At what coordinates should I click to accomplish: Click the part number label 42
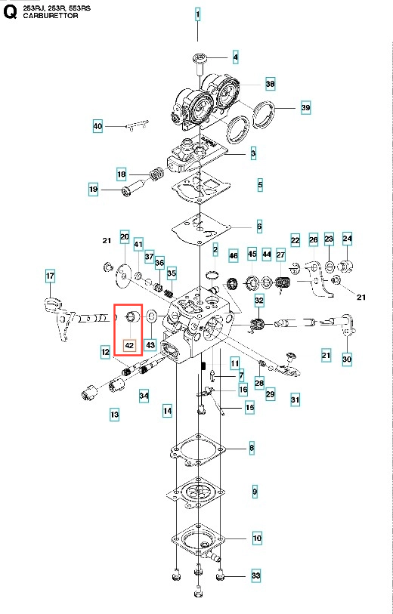(x=129, y=346)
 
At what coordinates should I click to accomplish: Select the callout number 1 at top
(x=198, y=15)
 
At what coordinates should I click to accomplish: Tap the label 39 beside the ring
(x=305, y=107)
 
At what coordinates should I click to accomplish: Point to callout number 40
(x=97, y=126)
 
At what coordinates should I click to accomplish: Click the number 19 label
(x=93, y=190)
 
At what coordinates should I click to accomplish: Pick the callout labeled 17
(x=50, y=276)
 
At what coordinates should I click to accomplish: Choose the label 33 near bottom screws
(x=256, y=575)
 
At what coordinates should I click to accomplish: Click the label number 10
(x=257, y=538)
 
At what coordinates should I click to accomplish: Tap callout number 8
(x=252, y=448)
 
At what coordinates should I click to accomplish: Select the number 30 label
(x=347, y=359)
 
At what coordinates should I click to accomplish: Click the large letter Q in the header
(x=10, y=12)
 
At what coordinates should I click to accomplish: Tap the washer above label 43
(x=151, y=315)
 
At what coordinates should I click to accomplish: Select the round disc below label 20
(x=124, y=276)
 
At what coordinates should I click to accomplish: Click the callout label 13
(x=114, y=415)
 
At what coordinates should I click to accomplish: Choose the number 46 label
(x=234, y=257)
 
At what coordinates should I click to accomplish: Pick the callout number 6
(x=259, y=227)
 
